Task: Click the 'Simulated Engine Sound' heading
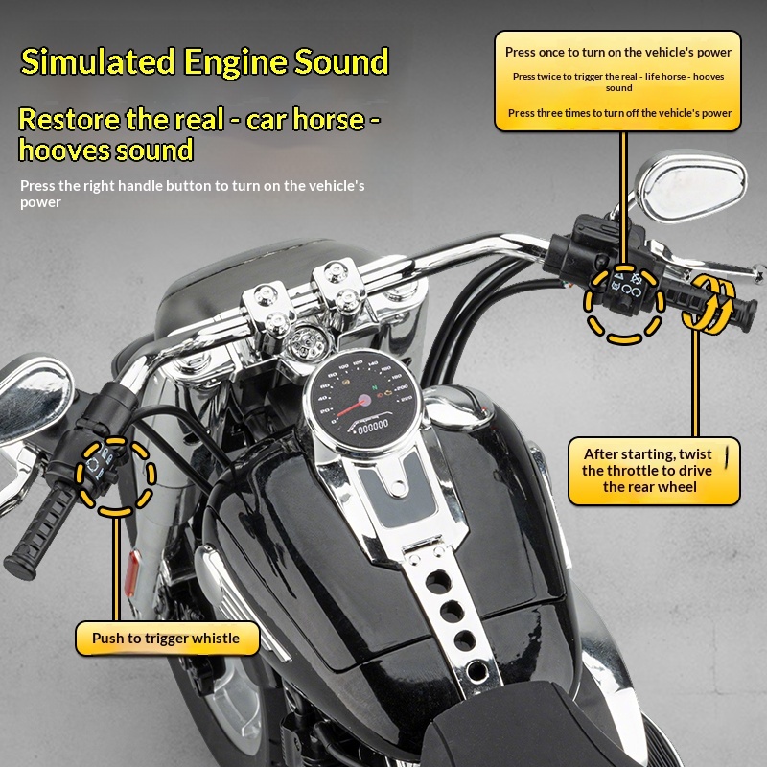[x=204, y=61]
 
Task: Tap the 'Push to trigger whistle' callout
[x=167, y=639]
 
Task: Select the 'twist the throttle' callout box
[x=654, y=471]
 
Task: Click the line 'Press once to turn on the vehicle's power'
[x=618, y=53]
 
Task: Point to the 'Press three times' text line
[x=619, y=113]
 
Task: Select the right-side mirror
[x=690, y=185]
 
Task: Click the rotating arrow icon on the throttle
[x=708, y=304]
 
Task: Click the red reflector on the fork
[x=132, y=572]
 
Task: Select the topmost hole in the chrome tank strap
[x=438, y=582]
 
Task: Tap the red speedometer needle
[x=351, y=407]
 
